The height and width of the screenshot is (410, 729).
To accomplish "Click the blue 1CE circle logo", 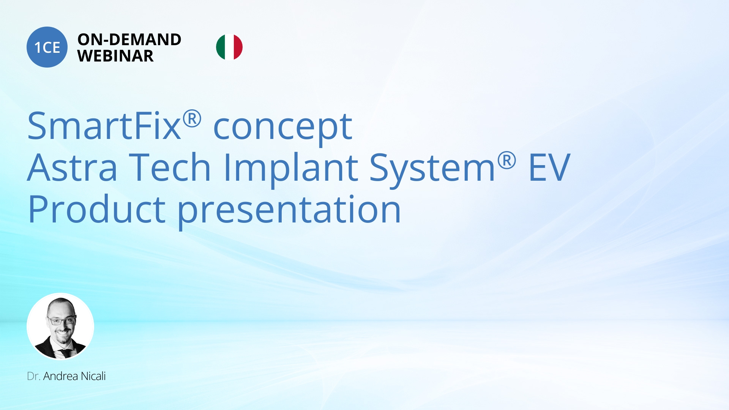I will [47, 47].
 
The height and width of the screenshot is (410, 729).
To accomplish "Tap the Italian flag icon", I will [229, 47].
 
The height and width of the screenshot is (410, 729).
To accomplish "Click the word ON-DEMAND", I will [129, 39].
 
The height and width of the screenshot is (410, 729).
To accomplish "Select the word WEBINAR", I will [115, 56].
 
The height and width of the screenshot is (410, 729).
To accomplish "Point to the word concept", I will [283, 127].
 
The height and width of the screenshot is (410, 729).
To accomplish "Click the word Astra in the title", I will [72, 168].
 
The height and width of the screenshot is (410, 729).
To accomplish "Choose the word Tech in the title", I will [170, 168].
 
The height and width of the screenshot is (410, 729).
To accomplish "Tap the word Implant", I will [291, 169].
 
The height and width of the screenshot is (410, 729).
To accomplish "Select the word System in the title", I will [432, 169].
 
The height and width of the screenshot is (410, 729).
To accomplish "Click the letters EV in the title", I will [549, 168].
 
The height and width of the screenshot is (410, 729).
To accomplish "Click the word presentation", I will [289, 211].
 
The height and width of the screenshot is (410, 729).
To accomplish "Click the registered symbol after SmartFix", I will [192, 119].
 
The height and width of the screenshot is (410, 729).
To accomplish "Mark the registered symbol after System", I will [507, 160].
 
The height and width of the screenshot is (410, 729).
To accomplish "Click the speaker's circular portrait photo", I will [60, 326].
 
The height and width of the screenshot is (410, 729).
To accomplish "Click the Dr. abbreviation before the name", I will [33, 376].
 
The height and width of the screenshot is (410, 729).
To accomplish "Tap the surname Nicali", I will [93, 376].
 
